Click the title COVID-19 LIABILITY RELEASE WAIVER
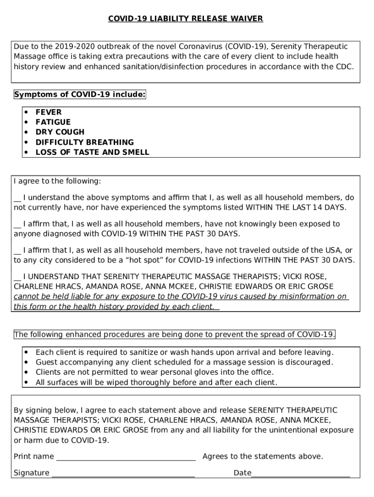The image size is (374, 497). click(x=185, y=19)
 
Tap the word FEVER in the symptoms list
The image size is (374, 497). click(x=49, y=112)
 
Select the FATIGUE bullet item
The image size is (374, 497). click(x=53, y=122)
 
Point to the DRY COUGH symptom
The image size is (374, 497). click(x=60, y=132)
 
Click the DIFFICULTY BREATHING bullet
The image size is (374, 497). click(x=85, y=142)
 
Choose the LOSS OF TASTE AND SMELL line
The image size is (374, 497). click(x=92, y=152)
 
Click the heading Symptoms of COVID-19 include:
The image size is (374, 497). click(x=80, y=95)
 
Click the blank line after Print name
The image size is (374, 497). click(x=126, y=457)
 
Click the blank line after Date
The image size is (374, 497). click(x=301, y=474)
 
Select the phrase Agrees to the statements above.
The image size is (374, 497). click(x=262, y=456)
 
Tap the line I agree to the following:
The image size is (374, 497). click(x=57, y=181)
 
